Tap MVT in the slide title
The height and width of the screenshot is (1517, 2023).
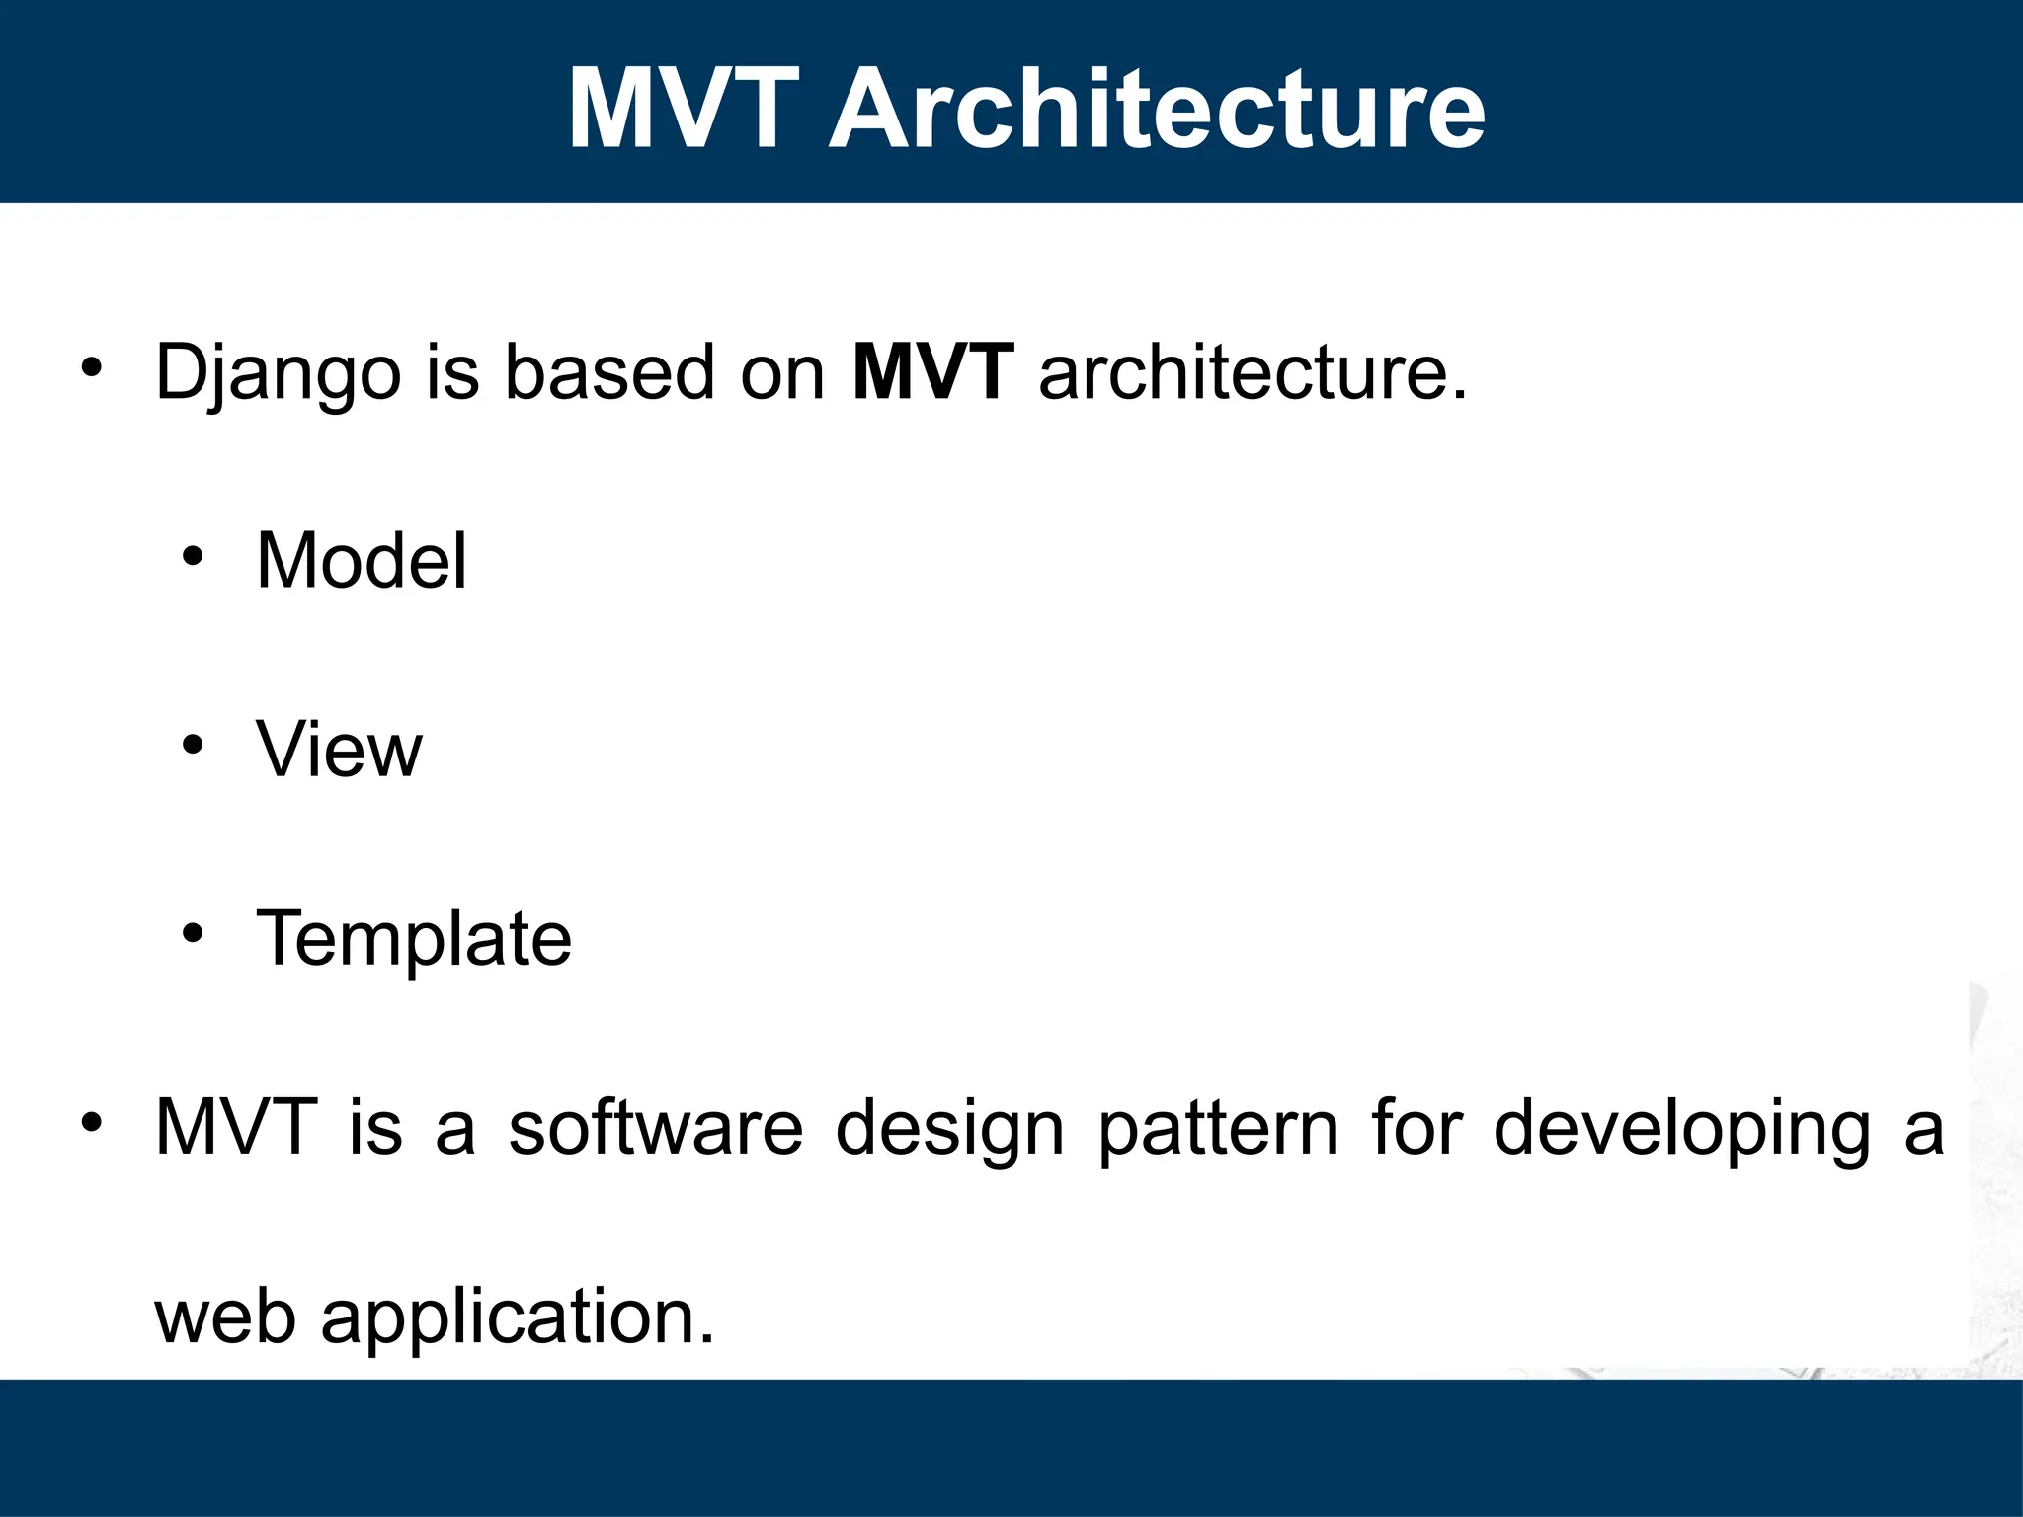click(683, 108)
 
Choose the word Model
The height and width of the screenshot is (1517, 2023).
click(362, 560)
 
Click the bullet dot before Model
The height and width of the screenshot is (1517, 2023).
click(193, 558)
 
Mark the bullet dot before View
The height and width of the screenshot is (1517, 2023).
click(193, 746)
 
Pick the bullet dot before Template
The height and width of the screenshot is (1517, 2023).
click(193, 933)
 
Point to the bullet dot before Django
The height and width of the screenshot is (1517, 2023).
click(92, 369)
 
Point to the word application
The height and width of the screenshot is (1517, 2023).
click(518, 1318)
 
